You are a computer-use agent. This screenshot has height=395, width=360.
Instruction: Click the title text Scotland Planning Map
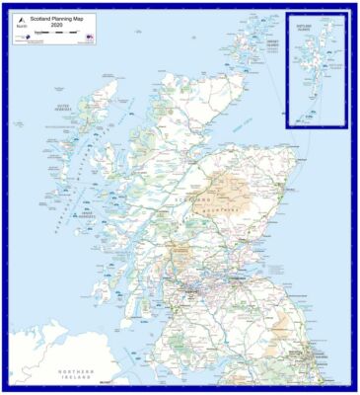click(57, 18)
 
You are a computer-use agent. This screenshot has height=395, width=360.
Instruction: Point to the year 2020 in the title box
click(57, 25)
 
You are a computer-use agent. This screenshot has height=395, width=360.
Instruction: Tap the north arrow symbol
click(20, 31)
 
